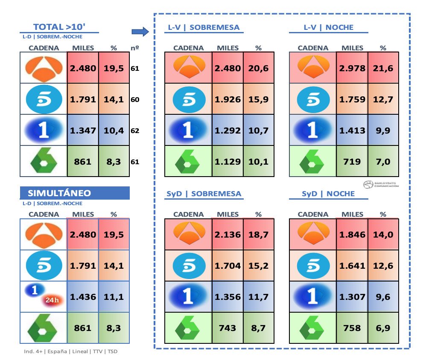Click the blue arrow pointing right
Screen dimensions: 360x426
(140, 31)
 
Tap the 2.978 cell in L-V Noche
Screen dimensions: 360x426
(352, 68)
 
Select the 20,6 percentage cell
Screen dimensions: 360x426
(258, 68)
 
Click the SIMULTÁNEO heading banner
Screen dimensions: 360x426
(75, 193)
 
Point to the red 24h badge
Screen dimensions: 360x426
(52, 300)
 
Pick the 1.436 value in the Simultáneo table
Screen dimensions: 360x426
(83, 297)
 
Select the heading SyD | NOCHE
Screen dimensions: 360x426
(328, 194)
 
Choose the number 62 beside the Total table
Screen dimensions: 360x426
(135, 131)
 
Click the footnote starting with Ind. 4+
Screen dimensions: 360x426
(71, 352)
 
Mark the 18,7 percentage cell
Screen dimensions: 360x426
(258, 234)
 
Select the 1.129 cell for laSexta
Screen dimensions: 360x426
(228, 162)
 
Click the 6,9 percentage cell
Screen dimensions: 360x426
(383, 328)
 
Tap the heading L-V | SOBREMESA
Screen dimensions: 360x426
(202, 28)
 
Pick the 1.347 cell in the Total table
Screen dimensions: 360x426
(83, 131)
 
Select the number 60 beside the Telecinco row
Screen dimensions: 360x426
(135, 99)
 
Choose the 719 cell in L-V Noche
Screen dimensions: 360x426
(352, 162)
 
